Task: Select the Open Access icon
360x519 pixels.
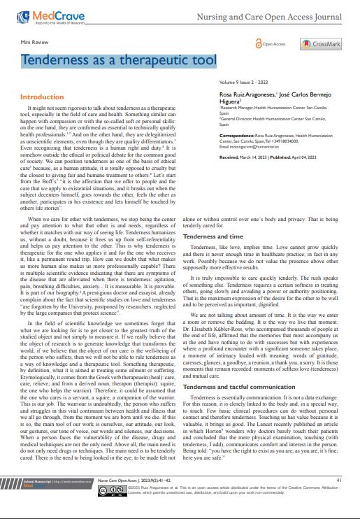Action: (269, 44)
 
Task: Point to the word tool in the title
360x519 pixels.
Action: (201, 62)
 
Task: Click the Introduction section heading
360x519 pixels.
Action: (41, 97)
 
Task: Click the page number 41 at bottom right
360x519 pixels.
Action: (339, 480)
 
